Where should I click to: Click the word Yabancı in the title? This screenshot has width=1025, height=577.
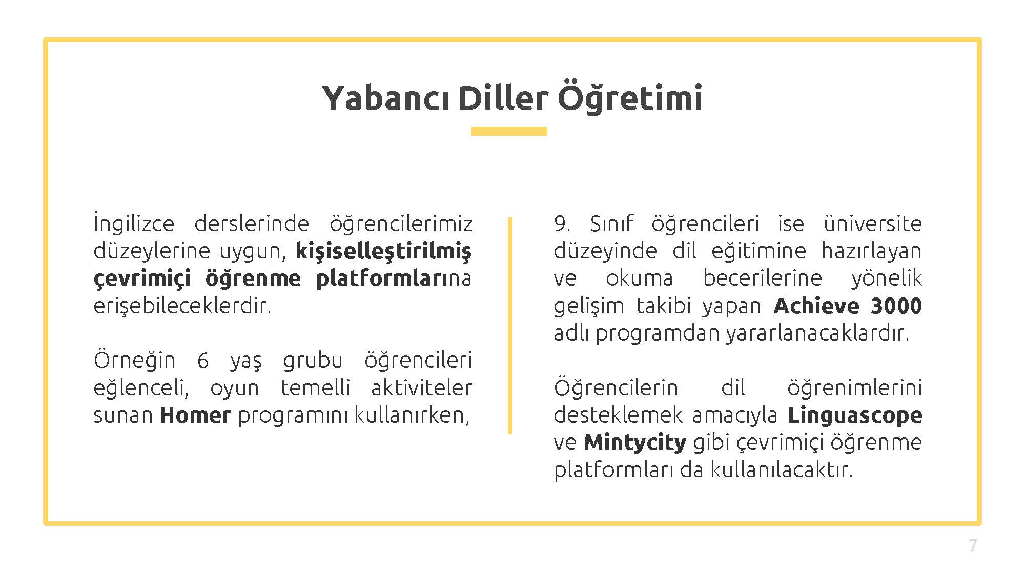(385, 98)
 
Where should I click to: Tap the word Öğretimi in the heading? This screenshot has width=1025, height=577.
(630, 97)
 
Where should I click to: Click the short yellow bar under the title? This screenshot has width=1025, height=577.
(509, 131)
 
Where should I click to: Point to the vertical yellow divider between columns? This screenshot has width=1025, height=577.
(510, 326)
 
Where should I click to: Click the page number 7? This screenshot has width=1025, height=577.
(973, 545)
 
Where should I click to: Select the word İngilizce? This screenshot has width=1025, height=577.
(134, 224)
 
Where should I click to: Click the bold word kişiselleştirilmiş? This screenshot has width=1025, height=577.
(384, 251)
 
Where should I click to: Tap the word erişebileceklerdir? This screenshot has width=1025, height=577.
(182, 306)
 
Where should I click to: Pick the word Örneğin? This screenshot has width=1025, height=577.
(134, 360)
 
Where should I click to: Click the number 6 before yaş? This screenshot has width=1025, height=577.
(203, 361)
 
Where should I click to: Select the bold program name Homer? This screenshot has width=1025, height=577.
(195, 415)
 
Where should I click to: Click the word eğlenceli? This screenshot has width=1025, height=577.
(141, 388)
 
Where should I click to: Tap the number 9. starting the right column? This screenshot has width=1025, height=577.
(562, 224)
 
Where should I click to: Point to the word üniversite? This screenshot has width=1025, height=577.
(873, 224)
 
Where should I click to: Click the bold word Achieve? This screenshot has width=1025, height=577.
(816, 306)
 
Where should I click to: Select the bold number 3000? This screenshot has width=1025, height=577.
(896, 306)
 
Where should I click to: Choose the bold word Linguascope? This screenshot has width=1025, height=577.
(855, 415)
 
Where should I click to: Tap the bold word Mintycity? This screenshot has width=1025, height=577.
(635, 443)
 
